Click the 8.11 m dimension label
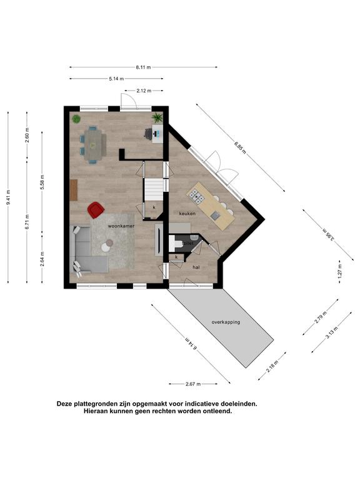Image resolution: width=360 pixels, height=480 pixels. (x=143, y=67)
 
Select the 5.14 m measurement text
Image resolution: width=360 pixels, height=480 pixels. (x=116, y=79)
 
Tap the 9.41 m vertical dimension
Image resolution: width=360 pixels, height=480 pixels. (x=8, y=197)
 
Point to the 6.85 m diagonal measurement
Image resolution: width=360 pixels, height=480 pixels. (x=240, y=147)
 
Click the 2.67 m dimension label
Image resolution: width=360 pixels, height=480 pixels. (x=193, y=384)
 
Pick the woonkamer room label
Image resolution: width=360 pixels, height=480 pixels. (x=121, y=226)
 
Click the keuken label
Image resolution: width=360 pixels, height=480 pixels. (x=187, y=213)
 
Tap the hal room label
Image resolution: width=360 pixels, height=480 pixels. (x=196, y=267)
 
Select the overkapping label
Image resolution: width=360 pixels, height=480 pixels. (x=226, y=322)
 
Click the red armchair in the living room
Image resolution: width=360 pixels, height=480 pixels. (x=96, y=210)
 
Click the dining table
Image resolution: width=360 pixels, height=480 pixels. (x=93, y=144)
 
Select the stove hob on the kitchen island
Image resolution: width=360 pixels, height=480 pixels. (x=196, y=197)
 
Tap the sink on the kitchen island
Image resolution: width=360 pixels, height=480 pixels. (x=216, y=216)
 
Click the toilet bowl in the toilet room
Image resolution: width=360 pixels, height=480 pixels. (x=175, y=243)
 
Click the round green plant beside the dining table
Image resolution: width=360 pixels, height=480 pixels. (x=76, y=119)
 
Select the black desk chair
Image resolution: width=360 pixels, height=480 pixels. (x=149, y=134)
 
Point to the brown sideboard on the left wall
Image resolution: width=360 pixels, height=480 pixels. (x=74, y=190)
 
